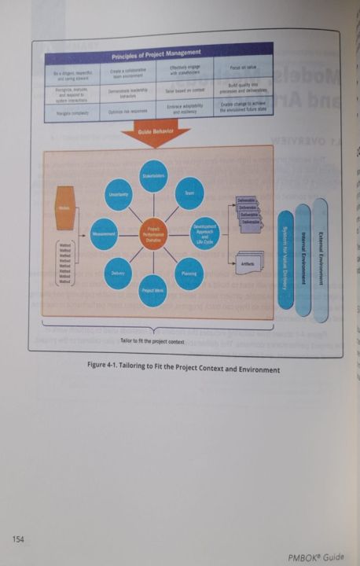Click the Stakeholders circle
tap(153, 176)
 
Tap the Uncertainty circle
tap(118, 194)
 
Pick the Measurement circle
tap(104, 233)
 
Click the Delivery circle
tap(116, 273)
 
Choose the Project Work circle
tap(153, 289)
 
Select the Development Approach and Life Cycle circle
tap(204, 233)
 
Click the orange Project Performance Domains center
tap(154, 233)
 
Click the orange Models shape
tap(64, 208)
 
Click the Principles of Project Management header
tap(158, 57)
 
